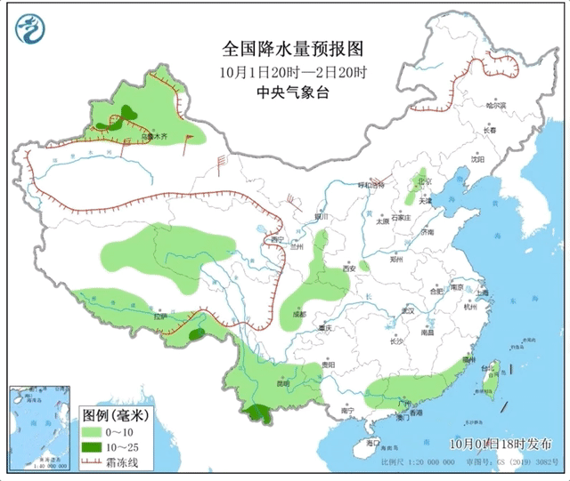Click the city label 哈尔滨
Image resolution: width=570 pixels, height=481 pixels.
coord(495,105)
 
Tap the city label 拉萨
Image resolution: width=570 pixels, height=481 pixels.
coord(160,317)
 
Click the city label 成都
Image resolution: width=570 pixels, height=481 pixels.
coord(297,314)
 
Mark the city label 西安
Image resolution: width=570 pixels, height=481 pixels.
coord(350,268)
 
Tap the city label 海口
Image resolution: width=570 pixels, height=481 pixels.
coord(373,442)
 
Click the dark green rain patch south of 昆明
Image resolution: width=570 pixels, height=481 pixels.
coord(259,413)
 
